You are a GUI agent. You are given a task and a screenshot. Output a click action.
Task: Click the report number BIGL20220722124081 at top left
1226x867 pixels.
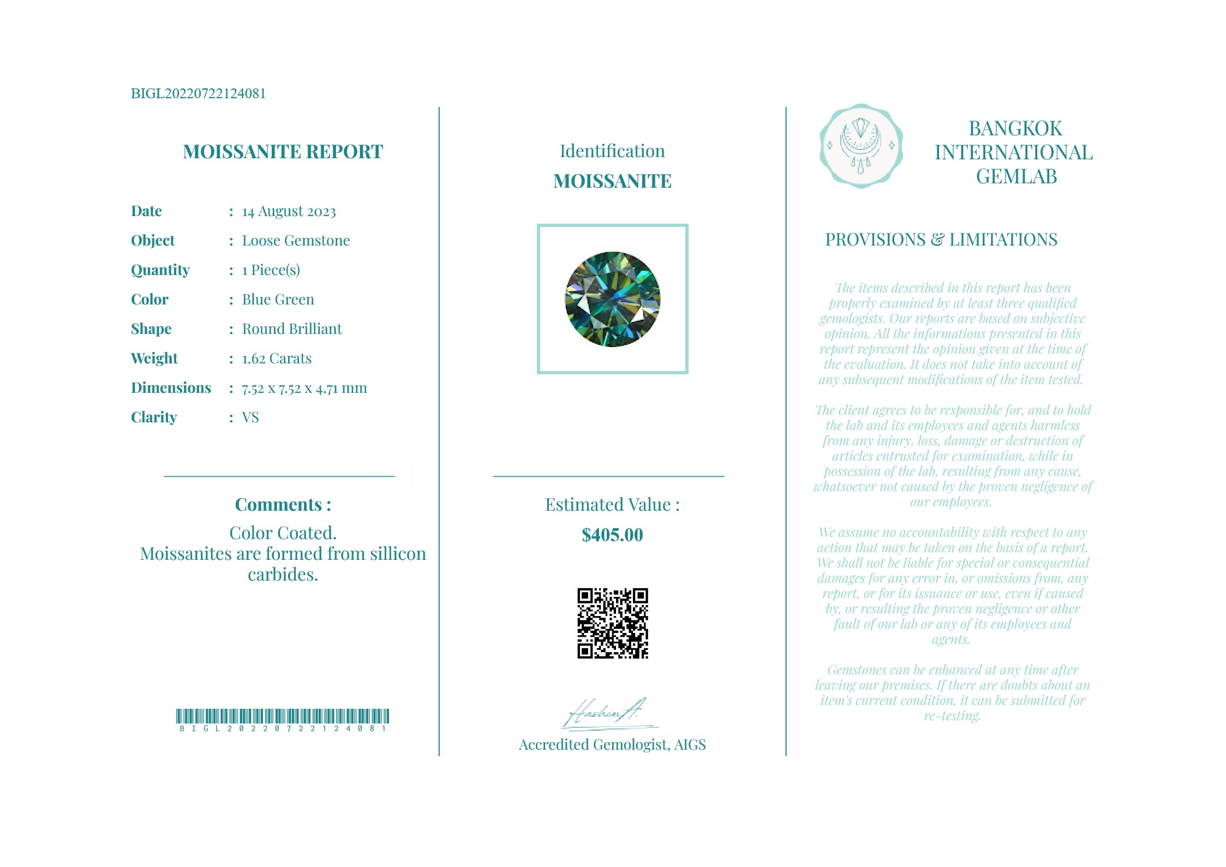click(x=198, y=93)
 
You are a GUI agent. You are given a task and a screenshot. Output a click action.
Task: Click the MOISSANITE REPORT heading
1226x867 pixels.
click(x=283, y=152)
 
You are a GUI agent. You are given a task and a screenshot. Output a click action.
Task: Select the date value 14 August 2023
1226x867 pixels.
click(x=289, y=212)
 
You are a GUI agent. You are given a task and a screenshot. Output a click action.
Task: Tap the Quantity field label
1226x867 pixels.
click(x=160, y=270)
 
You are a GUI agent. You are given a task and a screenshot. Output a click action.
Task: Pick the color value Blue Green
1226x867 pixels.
click(x=278, y=300)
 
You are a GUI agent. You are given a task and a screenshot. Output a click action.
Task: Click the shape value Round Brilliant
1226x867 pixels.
click(x=292, y=329)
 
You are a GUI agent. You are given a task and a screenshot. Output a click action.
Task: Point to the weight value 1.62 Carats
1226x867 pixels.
click(x=277, y=358)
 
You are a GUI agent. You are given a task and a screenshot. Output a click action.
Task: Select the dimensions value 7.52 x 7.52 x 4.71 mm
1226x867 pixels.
click(x=304, y=388)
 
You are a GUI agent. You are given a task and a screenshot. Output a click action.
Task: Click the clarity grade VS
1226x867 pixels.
click(x=250, y=417)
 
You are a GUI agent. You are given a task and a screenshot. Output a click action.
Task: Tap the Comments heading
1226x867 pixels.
click(x=283, y=505)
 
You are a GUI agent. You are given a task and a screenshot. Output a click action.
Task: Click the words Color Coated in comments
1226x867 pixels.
click(x=283, y=533)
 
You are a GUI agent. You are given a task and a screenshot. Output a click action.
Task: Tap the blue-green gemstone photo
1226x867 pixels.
click(x=612, y=299)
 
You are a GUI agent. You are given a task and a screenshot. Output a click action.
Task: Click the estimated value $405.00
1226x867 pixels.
click(x=612, y=535)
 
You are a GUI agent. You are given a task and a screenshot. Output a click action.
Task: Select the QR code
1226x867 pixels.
click(x=612, y=623)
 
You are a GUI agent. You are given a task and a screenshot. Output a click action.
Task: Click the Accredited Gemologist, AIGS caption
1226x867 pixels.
click(x=612, y=745)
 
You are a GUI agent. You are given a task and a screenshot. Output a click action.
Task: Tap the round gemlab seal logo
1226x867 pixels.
click(x=860, y=146)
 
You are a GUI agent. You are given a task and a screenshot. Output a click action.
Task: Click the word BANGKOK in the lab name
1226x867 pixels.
click(x=1015, y=129)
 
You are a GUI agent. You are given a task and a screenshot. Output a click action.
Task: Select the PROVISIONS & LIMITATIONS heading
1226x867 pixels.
click(x=941, y=240)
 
